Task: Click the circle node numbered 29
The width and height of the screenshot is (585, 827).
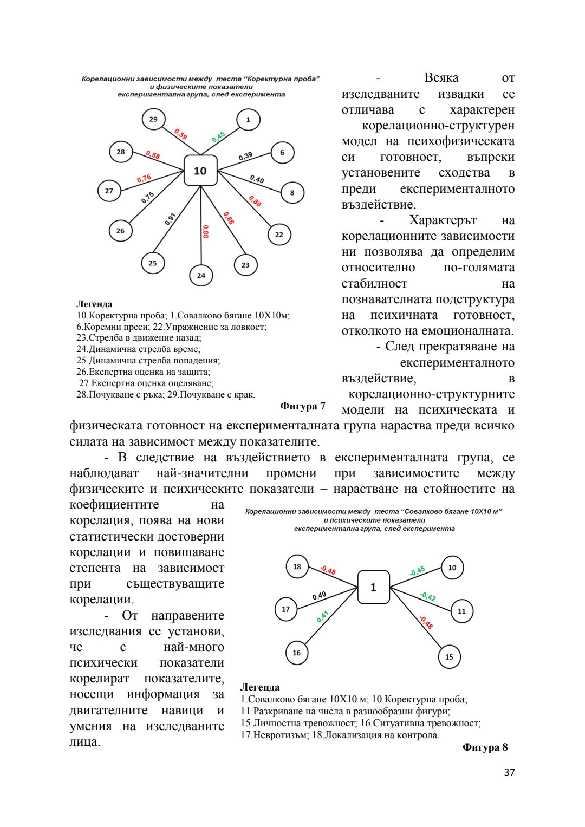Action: tap(153, 119)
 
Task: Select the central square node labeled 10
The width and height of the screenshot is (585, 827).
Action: tap(200, 171)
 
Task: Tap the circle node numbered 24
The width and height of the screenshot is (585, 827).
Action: tap(201, 275)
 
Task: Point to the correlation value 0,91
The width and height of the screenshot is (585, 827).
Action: tap(170, 219)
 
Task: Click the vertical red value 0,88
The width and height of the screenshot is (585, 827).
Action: tap(205, 231)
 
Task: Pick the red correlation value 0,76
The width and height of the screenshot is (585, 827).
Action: tap(144, 178)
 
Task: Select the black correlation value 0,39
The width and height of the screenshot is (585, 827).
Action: tap(245, 156)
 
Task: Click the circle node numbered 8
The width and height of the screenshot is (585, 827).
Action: tap(292, 192)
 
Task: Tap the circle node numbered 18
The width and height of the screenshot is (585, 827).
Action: tap(297, 566)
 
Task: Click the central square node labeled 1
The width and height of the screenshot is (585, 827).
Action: tap(373, 587)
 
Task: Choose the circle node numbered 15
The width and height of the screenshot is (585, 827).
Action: tap(449, 657)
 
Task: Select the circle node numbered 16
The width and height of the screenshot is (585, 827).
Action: tap(297, 653)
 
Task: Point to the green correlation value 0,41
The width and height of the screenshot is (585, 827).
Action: tap(322, 616)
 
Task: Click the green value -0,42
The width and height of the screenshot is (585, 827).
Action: tap(428, 597)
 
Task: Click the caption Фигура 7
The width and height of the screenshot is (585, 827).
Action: tap(303, 406)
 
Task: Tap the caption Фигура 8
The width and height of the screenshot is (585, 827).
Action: tap(485, 747)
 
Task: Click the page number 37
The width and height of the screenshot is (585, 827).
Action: tap(509, 772)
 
